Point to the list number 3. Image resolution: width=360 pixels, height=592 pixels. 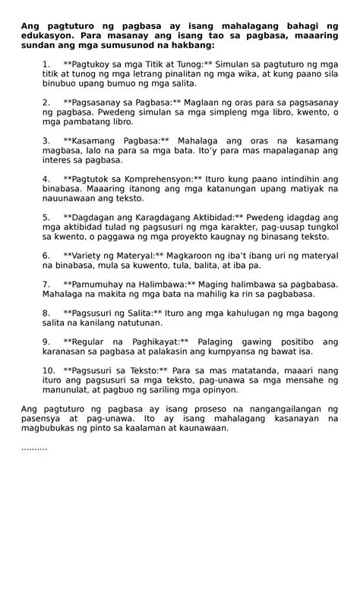46,140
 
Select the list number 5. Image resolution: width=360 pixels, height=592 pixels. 46,218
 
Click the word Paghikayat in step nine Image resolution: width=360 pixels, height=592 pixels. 144,343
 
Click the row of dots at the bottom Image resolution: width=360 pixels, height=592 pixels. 33,449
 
